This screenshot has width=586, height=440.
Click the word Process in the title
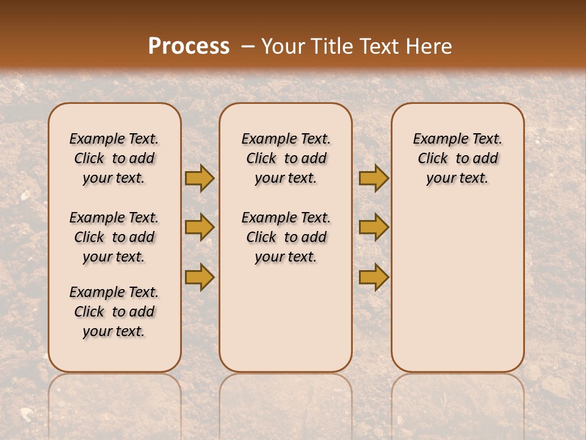tap(189, 46)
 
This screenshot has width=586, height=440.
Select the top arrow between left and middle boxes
tap(200, 178)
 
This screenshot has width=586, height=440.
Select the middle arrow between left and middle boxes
tap(200, 227)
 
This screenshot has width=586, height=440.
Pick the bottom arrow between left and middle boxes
tap(200, 277)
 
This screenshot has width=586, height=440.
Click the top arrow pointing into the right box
tap(374, 178)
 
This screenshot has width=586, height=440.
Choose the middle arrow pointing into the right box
tap(374, 227)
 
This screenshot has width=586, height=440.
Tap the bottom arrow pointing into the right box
tap(374, 277)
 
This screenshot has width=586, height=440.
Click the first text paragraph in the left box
tap(114, 158)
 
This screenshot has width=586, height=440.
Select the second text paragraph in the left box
tap(114, 237)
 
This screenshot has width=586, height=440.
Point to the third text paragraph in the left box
tap(114, 312)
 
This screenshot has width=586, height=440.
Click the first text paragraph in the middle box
tap(286, 158)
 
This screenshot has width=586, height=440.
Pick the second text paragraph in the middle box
tap(286, 237)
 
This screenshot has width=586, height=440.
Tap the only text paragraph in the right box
tap(458, 158)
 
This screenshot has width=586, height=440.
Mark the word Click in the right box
tap(433, 158)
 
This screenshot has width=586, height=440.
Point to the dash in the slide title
tap(246, 46)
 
